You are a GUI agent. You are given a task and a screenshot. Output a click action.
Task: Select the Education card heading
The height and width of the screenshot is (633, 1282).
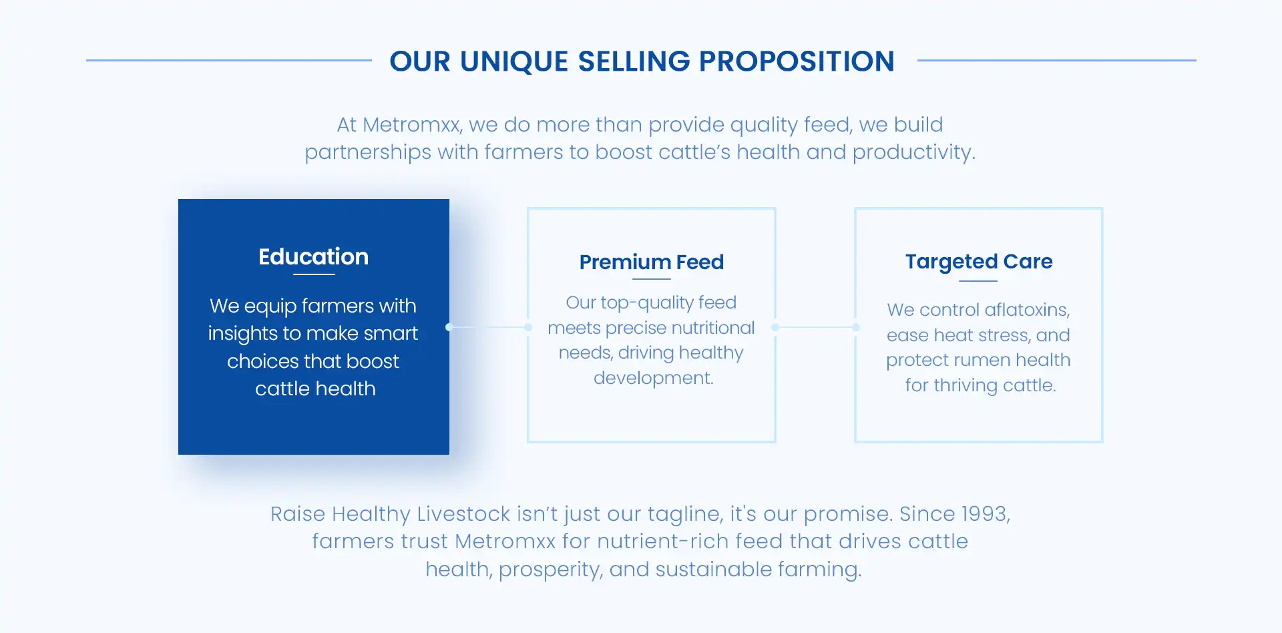coord(313,256)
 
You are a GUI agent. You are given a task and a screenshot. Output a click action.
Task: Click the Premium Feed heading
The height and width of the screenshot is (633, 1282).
coord(652,262)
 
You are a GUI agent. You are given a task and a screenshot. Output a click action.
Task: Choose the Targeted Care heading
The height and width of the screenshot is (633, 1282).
coord(979,262)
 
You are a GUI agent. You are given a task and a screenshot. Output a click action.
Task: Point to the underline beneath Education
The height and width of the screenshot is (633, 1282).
coord(314,274)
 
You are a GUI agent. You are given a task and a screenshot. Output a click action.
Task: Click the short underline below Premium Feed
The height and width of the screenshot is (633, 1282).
coord(652,279)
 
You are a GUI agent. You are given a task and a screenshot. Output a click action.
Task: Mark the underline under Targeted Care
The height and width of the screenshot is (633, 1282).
coord(978,281)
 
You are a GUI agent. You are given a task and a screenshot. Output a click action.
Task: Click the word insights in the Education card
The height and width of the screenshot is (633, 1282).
coord(242,334)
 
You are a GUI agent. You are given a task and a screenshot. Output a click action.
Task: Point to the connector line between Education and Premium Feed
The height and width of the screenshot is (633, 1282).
coord(489,327)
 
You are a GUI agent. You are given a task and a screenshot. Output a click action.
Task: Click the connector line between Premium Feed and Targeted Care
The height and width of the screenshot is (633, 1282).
coord(815,327)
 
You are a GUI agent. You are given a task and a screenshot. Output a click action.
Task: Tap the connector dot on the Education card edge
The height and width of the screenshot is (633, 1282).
coord(449,327)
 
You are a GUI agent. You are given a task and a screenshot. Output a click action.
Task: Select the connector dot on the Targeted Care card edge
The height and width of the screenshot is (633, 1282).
coord(856,327)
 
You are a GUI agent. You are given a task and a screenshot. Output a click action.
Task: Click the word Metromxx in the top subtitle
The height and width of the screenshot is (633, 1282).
coord(412,125)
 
